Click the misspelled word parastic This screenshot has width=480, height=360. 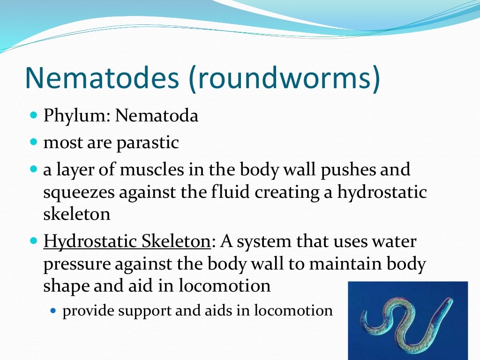pos(148,142)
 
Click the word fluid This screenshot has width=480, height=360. pos(250,192)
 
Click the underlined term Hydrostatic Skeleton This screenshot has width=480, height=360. pos(127,242)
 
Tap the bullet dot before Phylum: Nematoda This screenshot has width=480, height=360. pos(33,115)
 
